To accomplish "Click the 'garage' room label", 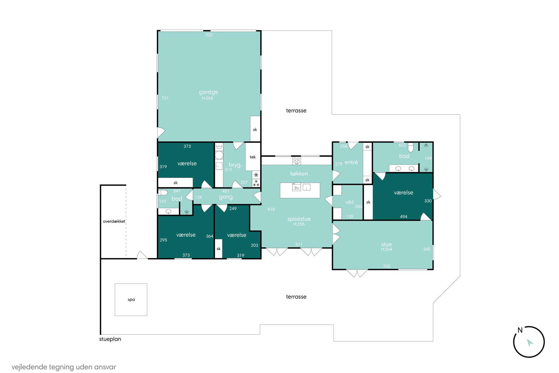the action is [208, 92].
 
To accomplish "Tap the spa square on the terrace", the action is [131, 299].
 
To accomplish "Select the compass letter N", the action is [520, 330].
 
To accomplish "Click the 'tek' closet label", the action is [253, 157].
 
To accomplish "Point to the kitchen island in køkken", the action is [300, 190].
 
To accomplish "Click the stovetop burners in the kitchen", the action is [296, 160].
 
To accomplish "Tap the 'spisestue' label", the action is [299, 219].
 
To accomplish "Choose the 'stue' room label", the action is [386, 244].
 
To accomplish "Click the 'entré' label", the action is [351, 162].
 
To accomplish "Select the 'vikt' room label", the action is [349, 202].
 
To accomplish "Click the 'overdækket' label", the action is [114, 221].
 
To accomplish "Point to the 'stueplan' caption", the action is [110, 339].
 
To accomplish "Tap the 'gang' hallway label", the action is [226, 197].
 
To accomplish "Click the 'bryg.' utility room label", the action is [235, 165].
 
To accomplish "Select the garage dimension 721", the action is [165, 98].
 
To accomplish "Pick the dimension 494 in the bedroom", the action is [403, 217].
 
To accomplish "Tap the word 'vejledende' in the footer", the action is [29, 367].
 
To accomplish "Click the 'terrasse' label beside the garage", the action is [296, 111].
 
